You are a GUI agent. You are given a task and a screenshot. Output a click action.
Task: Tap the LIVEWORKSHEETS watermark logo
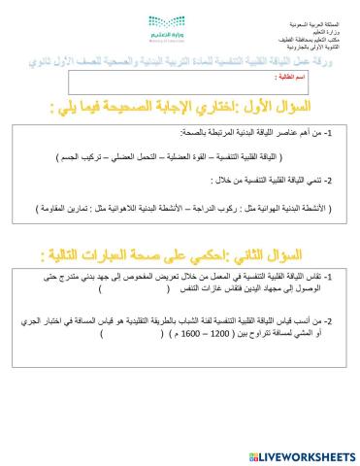[296, 451]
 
